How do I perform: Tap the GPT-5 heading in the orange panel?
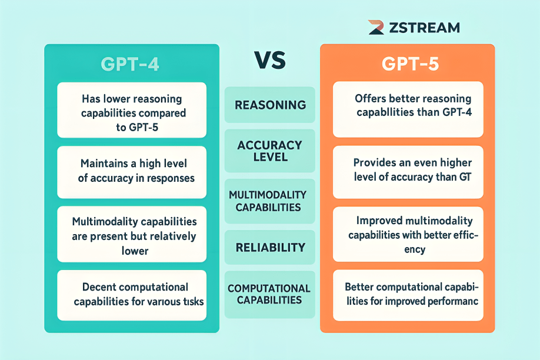point(408,64)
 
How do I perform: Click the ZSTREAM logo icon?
point(376,27)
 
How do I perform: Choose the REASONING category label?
point(270,105)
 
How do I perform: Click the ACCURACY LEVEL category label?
point(270,151)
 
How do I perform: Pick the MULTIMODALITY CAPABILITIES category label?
point(270,201)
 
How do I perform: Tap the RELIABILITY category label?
point(270,247)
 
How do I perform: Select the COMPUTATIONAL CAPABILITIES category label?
point(270,294)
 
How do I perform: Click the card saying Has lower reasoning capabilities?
point(132,110)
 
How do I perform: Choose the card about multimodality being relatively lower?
point(132,236)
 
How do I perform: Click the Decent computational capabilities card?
point(132,295)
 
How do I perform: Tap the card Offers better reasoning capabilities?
point(408,109)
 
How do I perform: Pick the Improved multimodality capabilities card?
point(408,235)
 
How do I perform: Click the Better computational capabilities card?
point(408,295)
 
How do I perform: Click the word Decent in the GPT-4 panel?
point(99,288)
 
